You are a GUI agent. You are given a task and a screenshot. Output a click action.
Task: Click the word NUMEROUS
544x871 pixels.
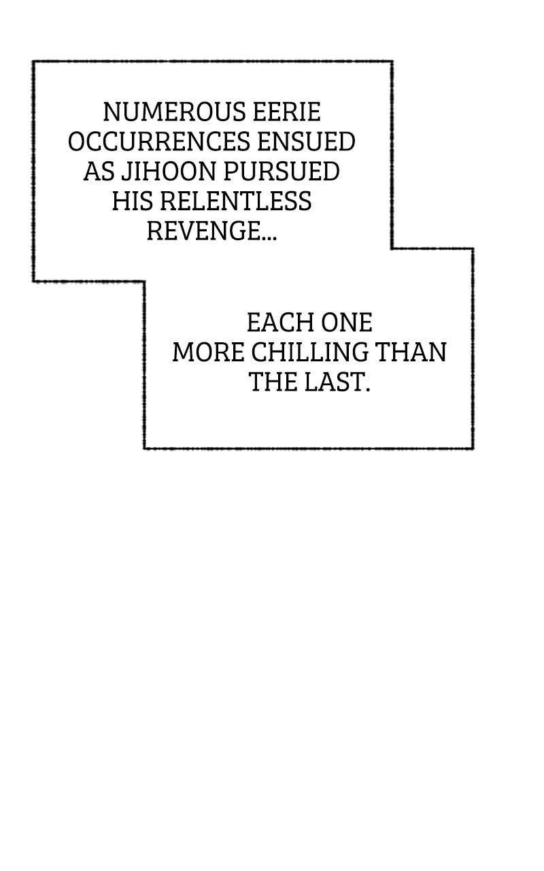point(175,112)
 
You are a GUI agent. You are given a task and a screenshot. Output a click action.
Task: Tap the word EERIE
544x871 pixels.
point(287,112)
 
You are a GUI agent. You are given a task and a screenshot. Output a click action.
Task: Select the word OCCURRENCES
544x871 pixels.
point(159,142)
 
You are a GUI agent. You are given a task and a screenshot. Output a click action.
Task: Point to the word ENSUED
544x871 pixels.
point(307,142)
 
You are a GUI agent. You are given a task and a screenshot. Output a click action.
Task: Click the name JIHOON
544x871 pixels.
point(169,171)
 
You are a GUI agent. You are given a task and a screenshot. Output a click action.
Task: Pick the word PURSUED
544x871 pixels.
point(282,171)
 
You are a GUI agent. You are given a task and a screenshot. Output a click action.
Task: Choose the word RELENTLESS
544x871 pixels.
point(236,201)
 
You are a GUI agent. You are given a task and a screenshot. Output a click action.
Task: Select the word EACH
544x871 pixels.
point(281,323)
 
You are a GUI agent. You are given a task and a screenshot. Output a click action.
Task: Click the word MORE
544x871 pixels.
point(208,352)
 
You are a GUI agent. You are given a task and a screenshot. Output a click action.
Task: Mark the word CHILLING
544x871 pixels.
point(309,352)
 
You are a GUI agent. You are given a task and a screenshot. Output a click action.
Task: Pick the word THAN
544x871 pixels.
point(411,352)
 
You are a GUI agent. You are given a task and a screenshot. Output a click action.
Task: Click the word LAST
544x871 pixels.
point(337,382)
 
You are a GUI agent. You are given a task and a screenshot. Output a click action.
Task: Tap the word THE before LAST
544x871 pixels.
point(273,382)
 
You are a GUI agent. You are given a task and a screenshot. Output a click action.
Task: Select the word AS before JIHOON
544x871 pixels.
point(99,171)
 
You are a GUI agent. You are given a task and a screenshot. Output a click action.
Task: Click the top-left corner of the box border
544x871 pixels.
point(34,62)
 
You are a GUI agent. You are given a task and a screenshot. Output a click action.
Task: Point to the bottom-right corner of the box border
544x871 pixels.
point(473,448)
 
